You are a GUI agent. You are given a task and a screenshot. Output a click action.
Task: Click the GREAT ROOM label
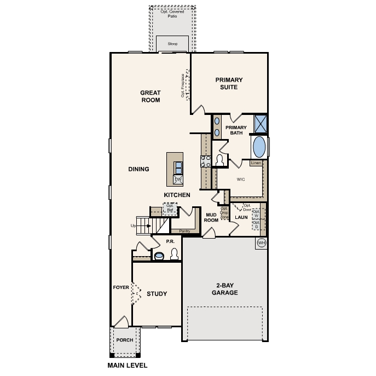tap(150, 96)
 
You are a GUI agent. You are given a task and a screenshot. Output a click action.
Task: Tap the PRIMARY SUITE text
tap(229, 83)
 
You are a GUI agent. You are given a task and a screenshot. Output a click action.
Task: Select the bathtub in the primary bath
tap(259, 147)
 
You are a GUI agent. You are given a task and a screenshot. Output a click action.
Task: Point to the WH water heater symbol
tap(261, 242)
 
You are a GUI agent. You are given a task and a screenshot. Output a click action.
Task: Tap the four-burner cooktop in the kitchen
tap(206, 161)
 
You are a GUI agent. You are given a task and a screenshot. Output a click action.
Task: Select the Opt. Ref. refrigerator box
tap(170, 208)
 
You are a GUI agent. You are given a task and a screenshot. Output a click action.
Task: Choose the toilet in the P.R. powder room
tap(175, 254)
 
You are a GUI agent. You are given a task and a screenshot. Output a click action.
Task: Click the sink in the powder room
tap(159, 256)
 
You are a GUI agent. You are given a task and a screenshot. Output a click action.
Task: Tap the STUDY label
tap(157, 294)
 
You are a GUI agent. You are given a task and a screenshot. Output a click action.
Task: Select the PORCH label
tap(124, 339)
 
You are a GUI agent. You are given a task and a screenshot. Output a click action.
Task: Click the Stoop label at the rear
tap(172, 43)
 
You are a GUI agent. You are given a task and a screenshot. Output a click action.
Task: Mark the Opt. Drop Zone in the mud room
tap(224, 213)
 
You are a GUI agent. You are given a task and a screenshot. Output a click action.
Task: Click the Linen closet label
tap(256, 163)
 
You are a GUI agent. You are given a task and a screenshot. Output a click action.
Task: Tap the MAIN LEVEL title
tap(127, 365)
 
